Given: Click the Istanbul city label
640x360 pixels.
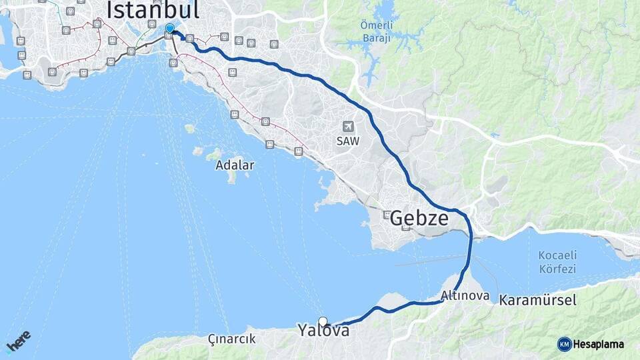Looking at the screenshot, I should point(153,10).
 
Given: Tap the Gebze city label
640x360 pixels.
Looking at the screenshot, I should point(419,218).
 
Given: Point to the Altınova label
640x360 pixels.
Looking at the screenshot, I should point(465,295).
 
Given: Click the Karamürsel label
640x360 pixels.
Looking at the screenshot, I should point(537,300).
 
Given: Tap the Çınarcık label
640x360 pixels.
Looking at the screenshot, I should point(231,339).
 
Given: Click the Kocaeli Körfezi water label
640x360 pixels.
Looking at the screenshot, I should point(557,262).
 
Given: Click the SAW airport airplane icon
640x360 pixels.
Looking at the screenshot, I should point(347,126).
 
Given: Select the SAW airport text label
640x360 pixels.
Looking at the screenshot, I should point(347,141).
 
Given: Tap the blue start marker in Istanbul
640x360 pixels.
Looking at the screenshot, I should point(170,28).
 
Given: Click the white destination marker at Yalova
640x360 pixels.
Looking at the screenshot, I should point(323,321).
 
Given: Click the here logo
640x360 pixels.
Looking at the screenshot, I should point(19,341).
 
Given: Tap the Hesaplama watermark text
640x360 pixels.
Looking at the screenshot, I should point(598,344).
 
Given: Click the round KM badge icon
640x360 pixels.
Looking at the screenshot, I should point(564,344).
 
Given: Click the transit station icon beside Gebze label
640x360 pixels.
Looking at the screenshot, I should point(387,214).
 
